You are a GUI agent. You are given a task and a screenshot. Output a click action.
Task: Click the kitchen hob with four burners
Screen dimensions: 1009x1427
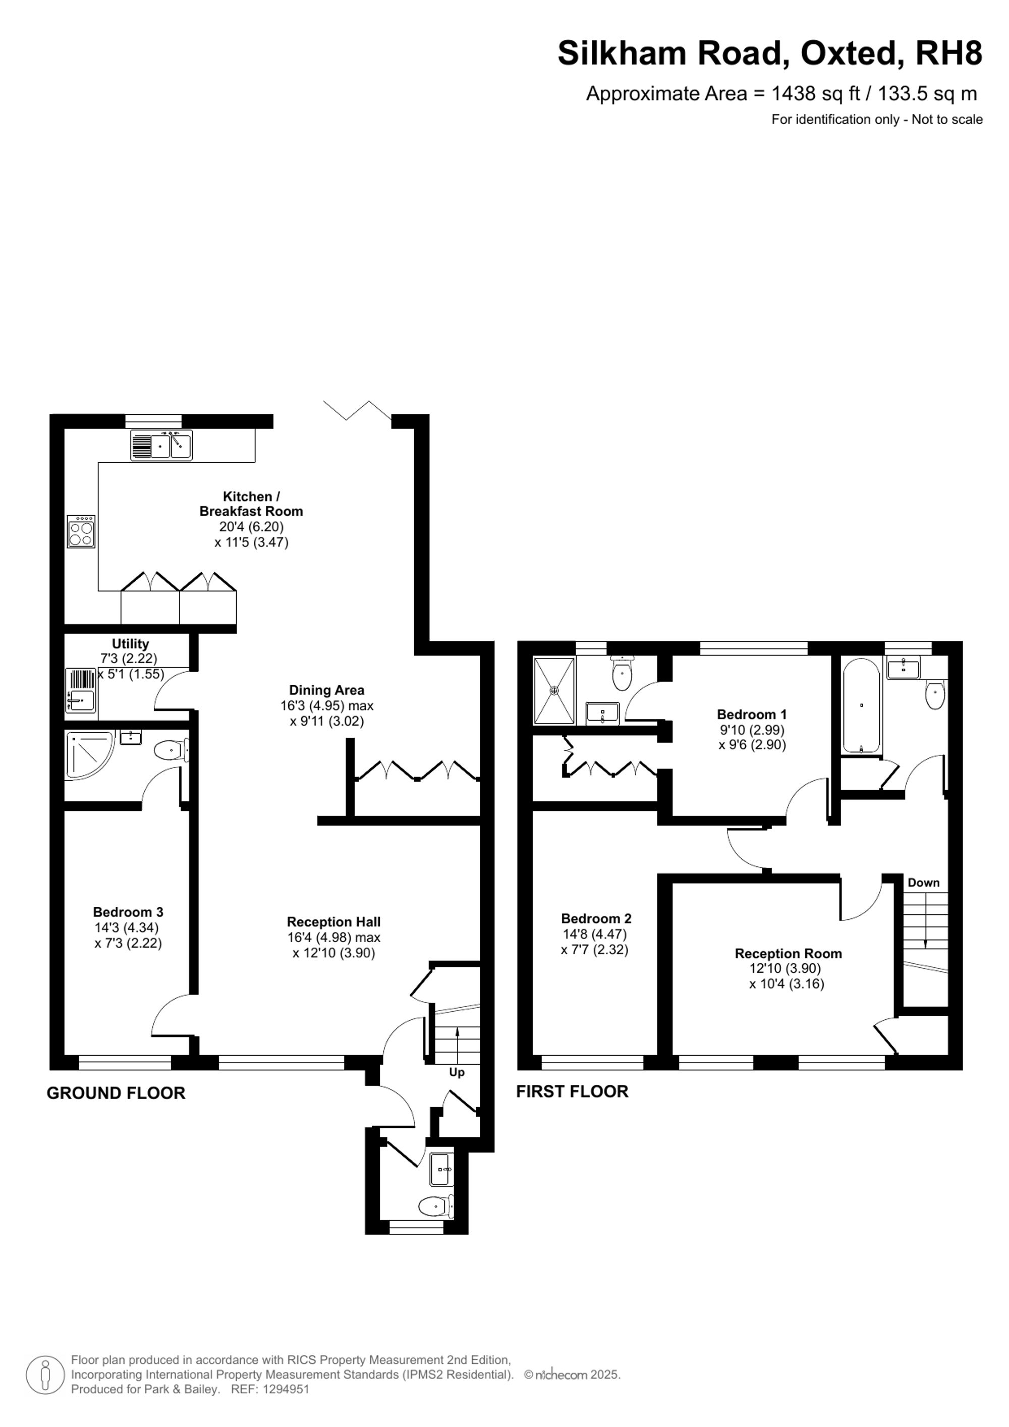(81, 531)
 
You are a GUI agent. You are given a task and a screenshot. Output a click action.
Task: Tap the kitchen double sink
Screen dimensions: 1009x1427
(161, 445)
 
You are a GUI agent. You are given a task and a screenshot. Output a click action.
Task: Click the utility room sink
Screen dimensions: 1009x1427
(80, 690)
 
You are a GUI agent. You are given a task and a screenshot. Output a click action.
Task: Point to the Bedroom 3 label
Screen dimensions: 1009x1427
(128, 912)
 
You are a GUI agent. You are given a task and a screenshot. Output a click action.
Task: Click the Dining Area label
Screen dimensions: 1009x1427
(327, 690)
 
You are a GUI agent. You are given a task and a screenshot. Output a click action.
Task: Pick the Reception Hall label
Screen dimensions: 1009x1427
(333, 922)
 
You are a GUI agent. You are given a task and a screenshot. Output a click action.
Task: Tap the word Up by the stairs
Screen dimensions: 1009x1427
(457, 1072)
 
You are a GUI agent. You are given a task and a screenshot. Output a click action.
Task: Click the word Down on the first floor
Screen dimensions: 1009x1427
(923, 883)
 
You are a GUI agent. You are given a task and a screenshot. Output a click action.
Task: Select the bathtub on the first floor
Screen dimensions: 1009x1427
(861, 706)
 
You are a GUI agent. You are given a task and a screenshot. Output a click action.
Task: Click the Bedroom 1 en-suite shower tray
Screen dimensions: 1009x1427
(554, 690)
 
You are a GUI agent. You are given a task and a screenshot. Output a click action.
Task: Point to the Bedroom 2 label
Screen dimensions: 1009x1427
(596, 918)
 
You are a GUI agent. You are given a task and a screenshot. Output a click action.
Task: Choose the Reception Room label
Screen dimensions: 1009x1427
(789, 953)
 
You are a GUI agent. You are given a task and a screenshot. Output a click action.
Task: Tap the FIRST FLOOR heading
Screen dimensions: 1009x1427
(572, 1091)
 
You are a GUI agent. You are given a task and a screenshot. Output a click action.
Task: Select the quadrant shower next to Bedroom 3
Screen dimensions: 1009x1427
(90, 756)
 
